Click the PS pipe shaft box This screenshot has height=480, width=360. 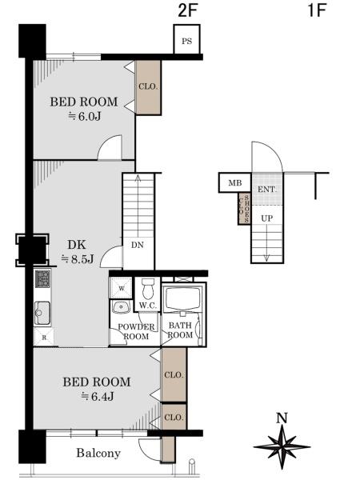tap(186, 40)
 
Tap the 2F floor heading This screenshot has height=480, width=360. tap(186, 10)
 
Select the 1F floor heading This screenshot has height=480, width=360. tap(317, 10)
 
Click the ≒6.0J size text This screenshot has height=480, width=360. tap(85, 117)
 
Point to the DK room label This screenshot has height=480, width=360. tap(77, 245)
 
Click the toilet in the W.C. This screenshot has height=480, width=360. tap(149, 288)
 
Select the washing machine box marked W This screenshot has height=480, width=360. tap(122, 288)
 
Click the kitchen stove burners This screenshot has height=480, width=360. tap(42, 279)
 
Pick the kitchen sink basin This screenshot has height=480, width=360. tap(42, 313)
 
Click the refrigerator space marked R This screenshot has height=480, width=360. tap(44, 337)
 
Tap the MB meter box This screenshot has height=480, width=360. tap(234, 183)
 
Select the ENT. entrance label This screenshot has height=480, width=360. tap(267, 190)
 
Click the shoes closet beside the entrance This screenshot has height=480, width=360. tap(245, 209)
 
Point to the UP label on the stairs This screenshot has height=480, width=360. tap(267, 218)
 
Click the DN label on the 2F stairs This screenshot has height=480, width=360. tap(138, 245)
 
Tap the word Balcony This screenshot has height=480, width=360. tap(98, 453)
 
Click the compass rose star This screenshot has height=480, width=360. tap(282, 447)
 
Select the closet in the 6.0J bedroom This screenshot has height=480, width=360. tap(148, 87)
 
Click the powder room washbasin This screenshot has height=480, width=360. tap(122, 306)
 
